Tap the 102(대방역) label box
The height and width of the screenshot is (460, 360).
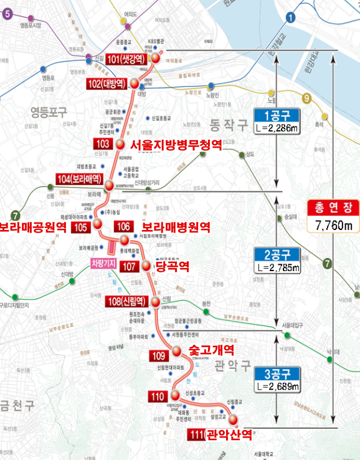(107, 83)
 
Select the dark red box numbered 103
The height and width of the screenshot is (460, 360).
(103, 144)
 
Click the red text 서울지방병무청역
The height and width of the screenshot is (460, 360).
(176, 145)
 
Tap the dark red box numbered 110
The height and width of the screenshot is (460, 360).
(157, 396)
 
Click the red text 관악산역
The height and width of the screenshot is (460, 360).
(229, 434)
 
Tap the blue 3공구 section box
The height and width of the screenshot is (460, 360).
(277, 374)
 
